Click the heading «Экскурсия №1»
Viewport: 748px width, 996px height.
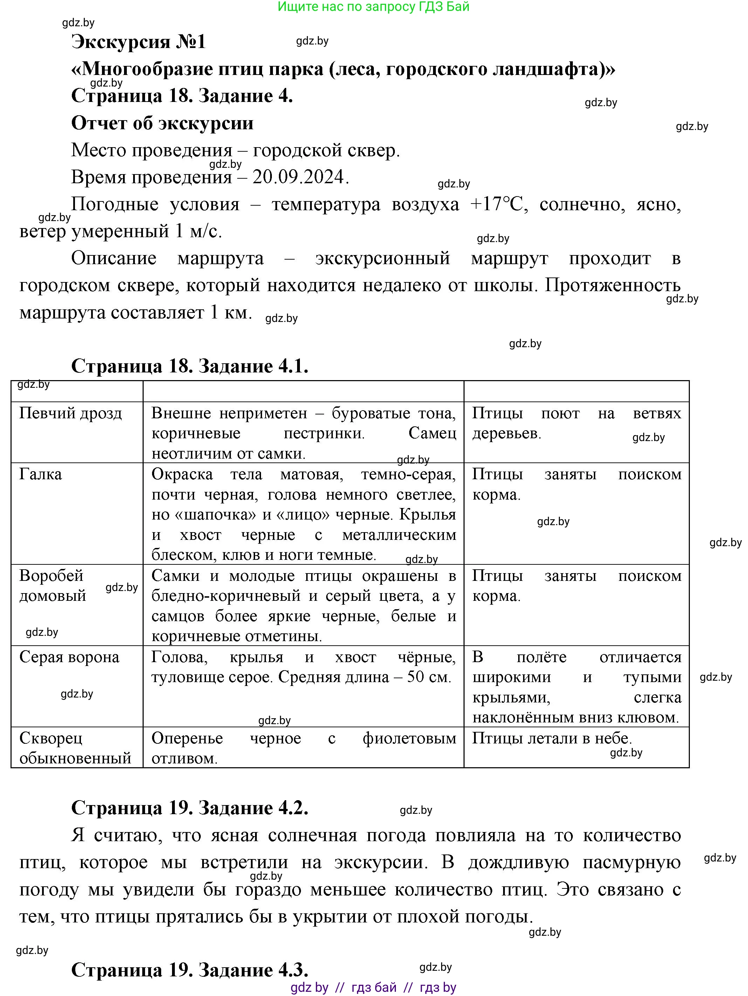tap(138, 42)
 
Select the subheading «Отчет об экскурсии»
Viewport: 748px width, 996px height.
tap(162, 123)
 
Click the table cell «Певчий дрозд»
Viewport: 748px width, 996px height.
tap(71, 413)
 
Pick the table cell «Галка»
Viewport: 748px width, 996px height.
tap(41, 474)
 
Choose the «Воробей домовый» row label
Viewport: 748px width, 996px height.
tap(52, 585)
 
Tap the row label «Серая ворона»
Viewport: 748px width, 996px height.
tap(69, 657)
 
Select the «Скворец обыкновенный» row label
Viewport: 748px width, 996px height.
tap(75, 748)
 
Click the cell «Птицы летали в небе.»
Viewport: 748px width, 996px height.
tap(552, 739)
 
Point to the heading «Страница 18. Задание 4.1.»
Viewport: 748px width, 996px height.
tap(190, 366)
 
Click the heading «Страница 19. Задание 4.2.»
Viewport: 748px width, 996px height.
tap(190, 808)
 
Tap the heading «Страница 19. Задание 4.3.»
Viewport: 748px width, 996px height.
tap(190, 970)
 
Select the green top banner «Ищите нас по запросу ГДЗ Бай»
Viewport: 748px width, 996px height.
tap(373, 7)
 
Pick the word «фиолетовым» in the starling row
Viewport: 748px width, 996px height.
tap(409, 739)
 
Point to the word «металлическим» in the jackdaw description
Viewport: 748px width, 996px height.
tap(399, 535)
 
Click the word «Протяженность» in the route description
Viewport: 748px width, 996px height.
tap(612, 286)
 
